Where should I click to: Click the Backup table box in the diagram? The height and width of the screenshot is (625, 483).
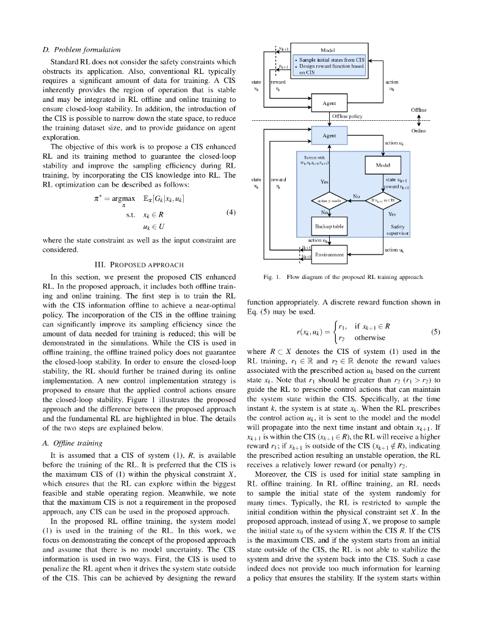(x=329, y=226)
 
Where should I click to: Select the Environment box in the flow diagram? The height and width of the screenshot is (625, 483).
(x=329, y=255)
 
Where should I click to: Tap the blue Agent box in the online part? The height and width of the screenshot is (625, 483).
(x=329, y=135)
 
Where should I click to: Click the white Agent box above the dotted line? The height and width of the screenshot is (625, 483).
(x=329, y=103)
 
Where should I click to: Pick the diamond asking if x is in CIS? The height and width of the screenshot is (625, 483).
(x=383, y=200)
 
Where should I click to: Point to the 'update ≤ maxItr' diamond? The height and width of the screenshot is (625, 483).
(x=330, y=200)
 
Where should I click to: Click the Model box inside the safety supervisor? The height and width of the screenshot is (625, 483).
(x=383, y=165)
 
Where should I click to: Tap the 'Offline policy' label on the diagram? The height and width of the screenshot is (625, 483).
(x=347, y=115)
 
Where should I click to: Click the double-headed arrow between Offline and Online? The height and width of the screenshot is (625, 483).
(x=419, y=119)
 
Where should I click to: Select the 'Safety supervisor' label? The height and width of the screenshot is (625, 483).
(x=398, y=229)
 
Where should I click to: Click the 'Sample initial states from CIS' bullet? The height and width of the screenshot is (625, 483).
(x=332, y=60)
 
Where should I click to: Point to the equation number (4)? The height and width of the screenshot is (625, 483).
(x=231, y=212)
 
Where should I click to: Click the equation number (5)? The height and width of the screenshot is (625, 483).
(x=435, y=332)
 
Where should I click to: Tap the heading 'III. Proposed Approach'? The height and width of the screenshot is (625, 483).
(x=139, y=264)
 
